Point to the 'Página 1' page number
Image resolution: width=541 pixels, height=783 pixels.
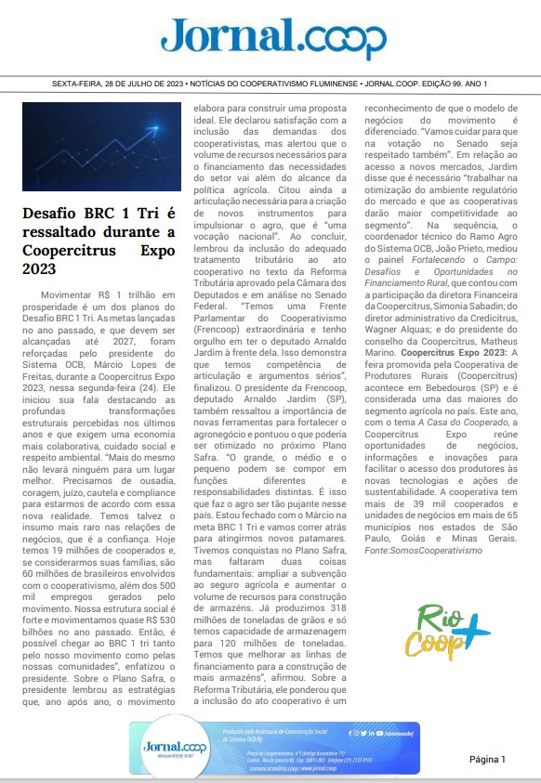coord(486,759)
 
